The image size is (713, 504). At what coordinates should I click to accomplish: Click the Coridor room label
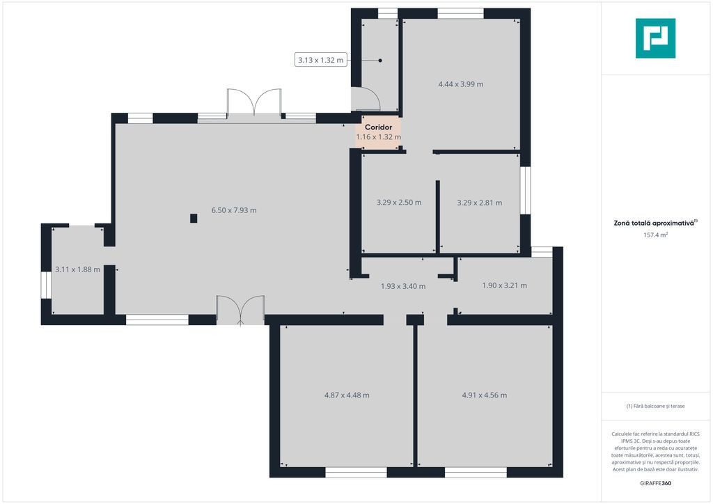[x=378, y=127]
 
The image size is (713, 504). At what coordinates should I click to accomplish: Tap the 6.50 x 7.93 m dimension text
[x=234, y=210]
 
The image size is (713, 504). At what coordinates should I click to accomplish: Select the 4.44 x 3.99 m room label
[x=461, y=84]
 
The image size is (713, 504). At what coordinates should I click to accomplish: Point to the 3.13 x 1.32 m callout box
[x=320, y=60]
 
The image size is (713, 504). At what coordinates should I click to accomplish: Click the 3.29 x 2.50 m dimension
[x=399, y=203]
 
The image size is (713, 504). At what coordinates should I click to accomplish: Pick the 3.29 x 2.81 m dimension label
[x=480, y=203]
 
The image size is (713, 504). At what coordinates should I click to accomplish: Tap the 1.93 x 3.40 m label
[x=403, y=286]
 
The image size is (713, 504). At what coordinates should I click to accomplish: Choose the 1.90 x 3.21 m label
[x=504, y=285]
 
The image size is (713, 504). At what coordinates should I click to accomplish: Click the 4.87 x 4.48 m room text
[x=347, y=395]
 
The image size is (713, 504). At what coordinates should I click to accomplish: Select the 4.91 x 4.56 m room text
[x=485, y=395]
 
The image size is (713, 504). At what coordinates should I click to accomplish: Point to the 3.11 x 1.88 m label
[x=77, y=269]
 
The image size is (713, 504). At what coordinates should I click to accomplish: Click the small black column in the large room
[x=194, y=218]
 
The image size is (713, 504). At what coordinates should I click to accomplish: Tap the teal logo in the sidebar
[x=655, y=38]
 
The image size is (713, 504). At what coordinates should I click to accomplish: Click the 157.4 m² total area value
[x=655, y=235]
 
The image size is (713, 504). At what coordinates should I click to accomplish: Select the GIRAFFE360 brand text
[x=655, y=483]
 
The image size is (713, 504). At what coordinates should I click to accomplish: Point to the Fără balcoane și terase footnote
[x=655, y=406]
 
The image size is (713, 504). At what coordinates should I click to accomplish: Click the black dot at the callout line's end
[x=380, y=61]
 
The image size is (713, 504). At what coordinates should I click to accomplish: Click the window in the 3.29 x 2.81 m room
[x=525, y=191]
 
